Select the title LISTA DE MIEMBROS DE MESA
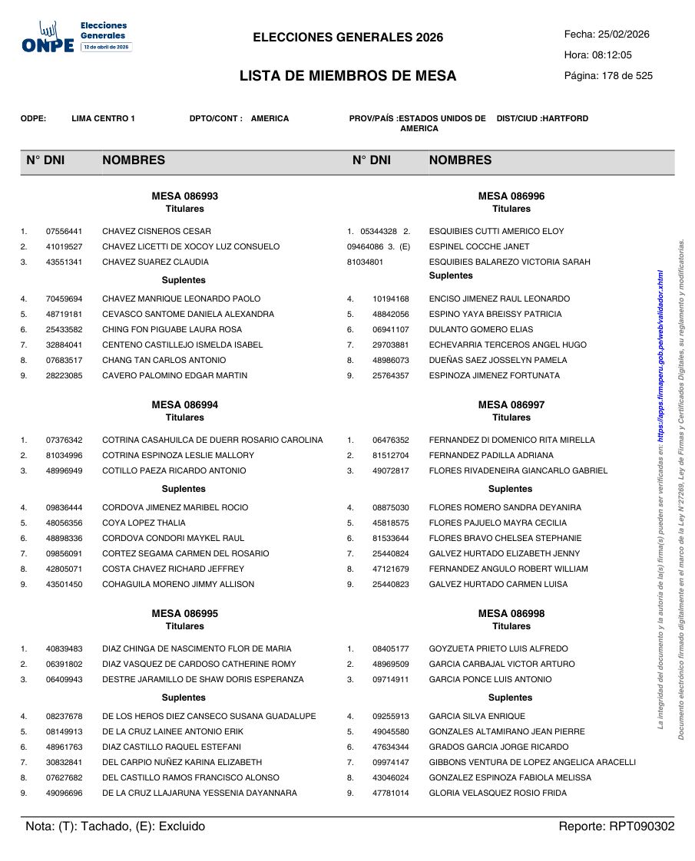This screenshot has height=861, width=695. (x=348, y=76)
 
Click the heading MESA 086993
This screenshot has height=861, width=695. (x=184, y=196)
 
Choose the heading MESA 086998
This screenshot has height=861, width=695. (x=511, y=614)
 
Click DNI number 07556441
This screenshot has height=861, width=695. (x=64, y=232)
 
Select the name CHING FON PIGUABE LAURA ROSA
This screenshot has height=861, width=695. (x=171, y=330)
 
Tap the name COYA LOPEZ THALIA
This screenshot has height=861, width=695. (x=144, y=523)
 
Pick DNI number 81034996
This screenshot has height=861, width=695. (x=64, y=456)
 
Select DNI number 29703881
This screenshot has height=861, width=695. (x=391, y=345)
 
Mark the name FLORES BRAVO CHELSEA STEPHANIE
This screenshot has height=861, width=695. (x=505, y=539)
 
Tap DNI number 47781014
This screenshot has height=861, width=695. (x=391, y=793)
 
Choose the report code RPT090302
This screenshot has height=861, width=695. (x=641, y=826)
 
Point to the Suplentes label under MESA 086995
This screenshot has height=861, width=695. (x=184, y=698)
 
